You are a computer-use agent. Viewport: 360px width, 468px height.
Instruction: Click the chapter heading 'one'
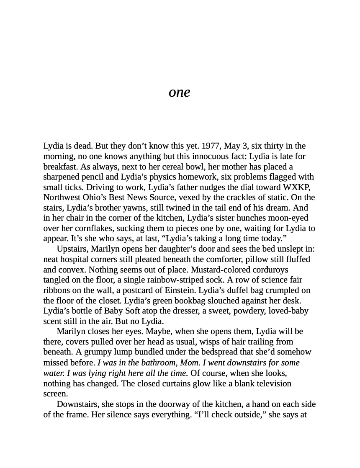179,92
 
